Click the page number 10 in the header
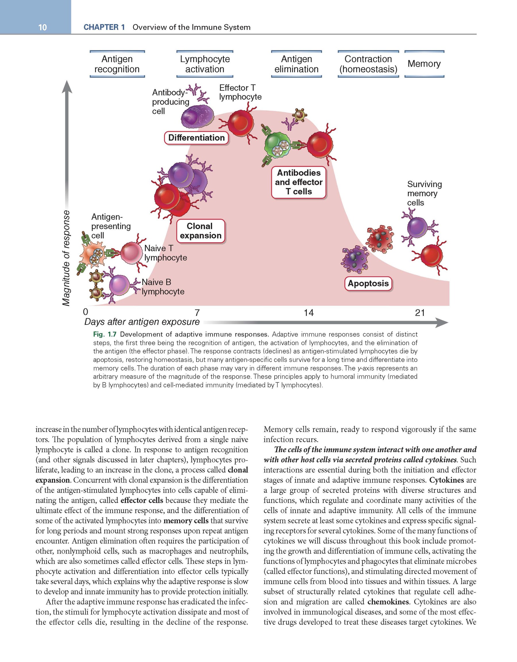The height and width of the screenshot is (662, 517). (x=43, y=27)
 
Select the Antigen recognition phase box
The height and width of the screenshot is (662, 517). (x=117, y=64)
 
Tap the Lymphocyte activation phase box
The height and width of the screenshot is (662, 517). (x=205, y=64)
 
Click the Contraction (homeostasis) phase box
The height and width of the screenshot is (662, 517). (x=368, y=64)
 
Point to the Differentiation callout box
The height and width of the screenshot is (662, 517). (x=196, y=138)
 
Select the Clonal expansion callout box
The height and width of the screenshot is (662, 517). (x=200, y=231)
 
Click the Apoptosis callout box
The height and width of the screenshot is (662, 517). (x=368, y=284)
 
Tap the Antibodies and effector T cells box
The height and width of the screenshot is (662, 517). (x=299, y=182)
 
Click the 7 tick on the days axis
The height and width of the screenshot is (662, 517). (x=197, y=312)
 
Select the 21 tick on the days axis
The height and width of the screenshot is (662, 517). (x=420, y=312)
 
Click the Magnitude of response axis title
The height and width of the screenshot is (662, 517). (x=66, y=258)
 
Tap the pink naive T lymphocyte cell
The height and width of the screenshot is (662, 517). (x=132, y=252)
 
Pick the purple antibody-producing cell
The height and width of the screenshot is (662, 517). (x=196, y=117)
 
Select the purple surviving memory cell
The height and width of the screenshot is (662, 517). (x=417, y=227)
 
